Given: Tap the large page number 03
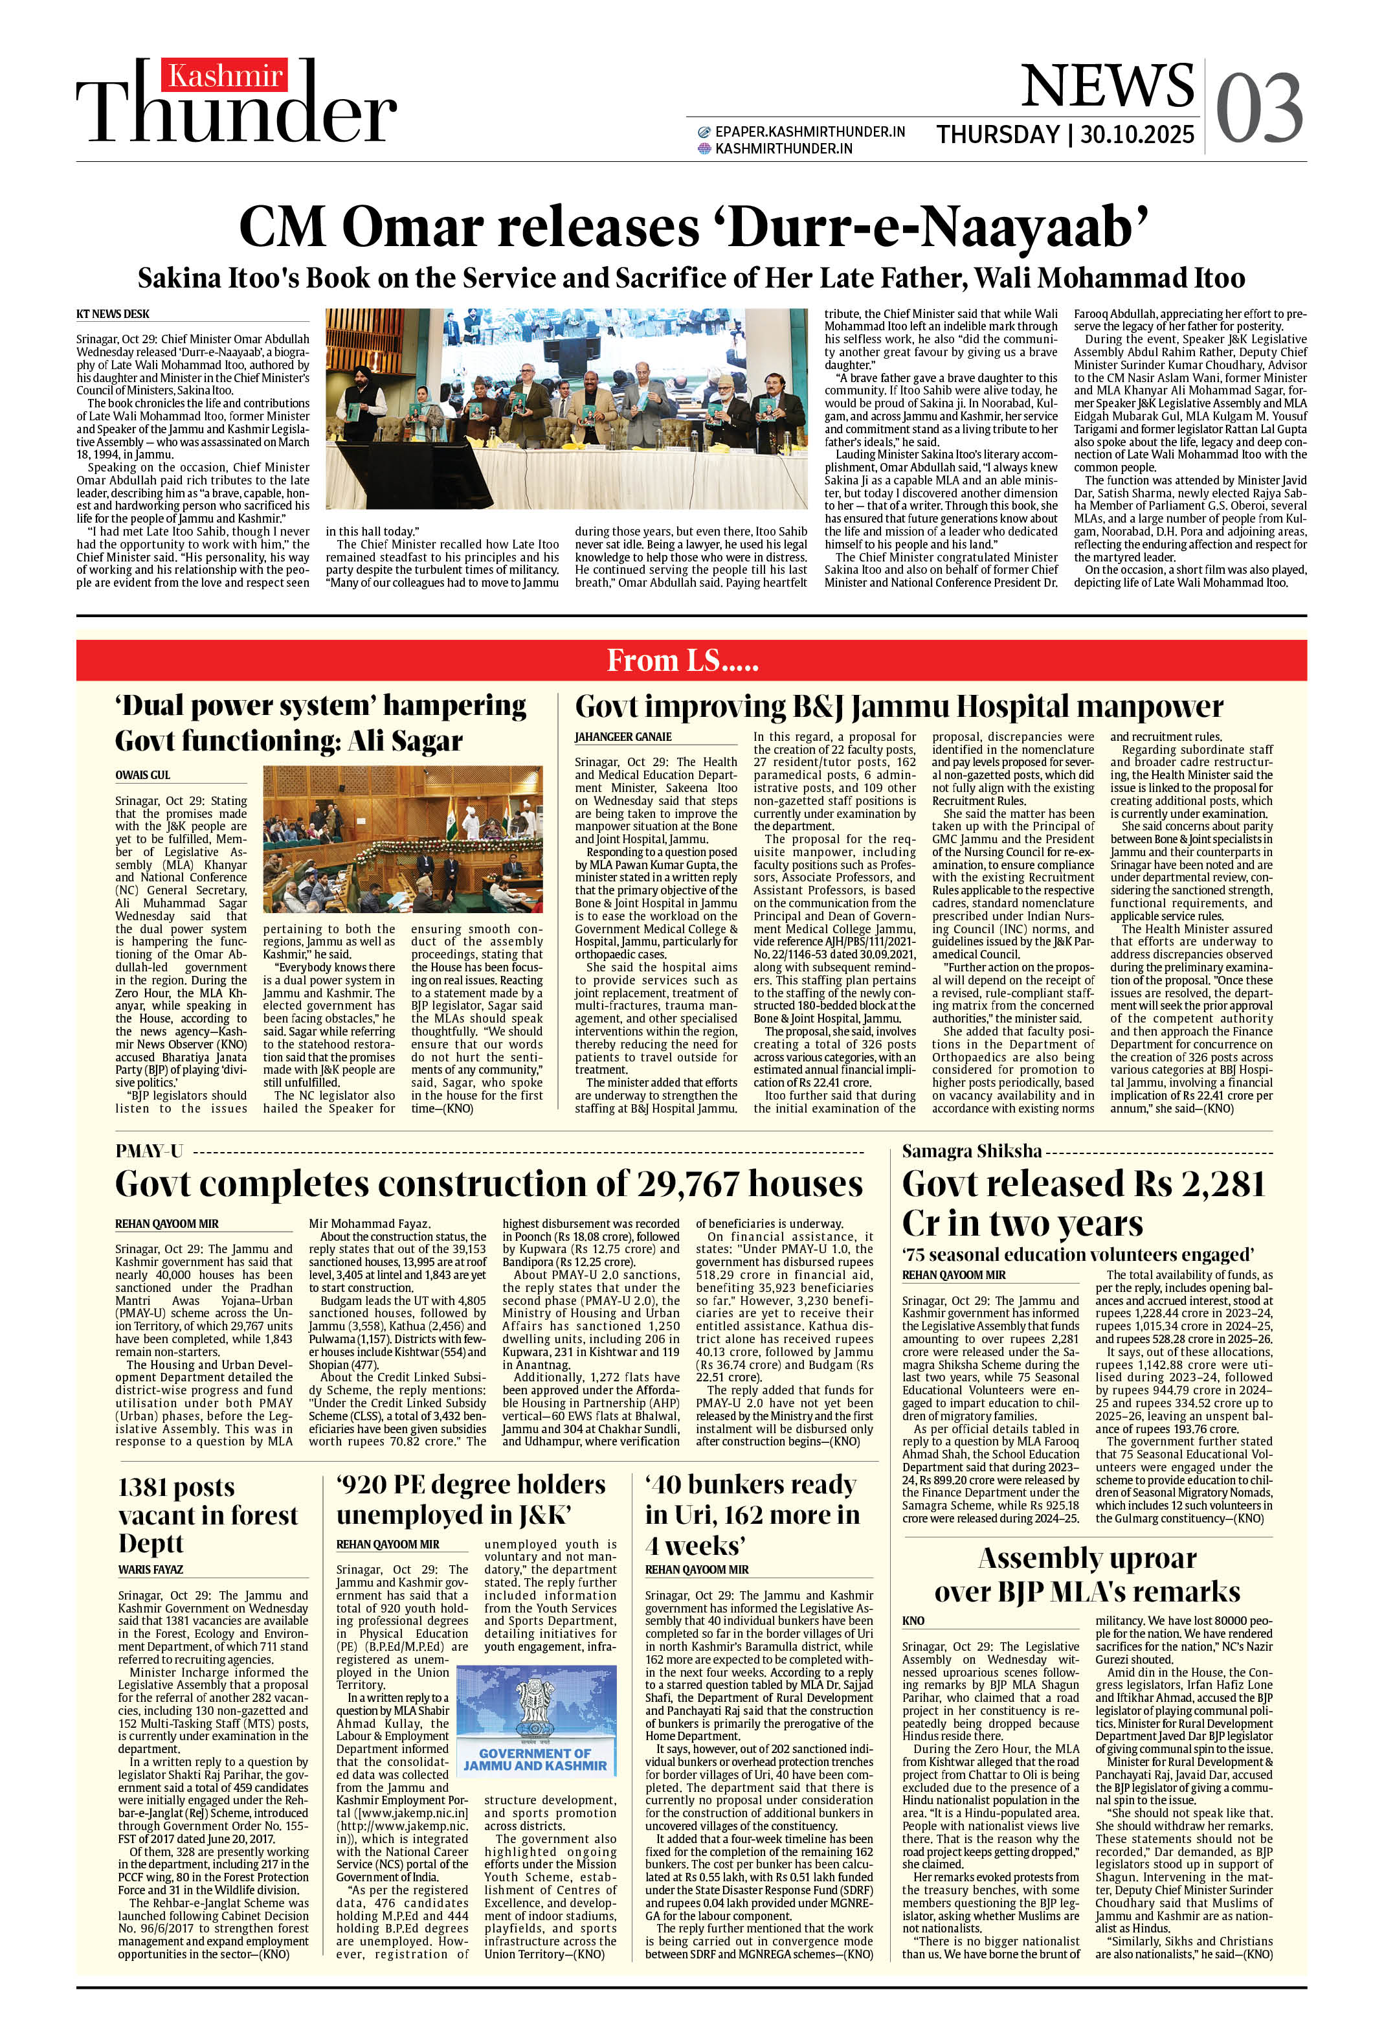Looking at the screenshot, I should pyautogui.click(x=1259, y=109).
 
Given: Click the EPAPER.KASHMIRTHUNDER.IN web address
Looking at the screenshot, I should pyautogui.click(x=809, y=131).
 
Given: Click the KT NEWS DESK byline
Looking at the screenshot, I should pyautogui.click(x=113, y=314).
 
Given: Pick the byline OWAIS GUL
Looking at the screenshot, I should pyautogui.click(x=143, y=775).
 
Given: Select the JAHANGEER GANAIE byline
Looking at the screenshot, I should pyautogui.click(x=623, y=737).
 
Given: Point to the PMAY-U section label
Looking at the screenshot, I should pyautogui.click(x=149, y=1151).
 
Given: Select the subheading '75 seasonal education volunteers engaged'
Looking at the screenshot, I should pyautogui.click(x=1078, y=1254).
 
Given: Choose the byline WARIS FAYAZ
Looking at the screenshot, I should pyautogui.click(x=151, y=1570).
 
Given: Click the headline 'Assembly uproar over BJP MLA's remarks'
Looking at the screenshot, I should pyautogui.click(x=1087, y=1574).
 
